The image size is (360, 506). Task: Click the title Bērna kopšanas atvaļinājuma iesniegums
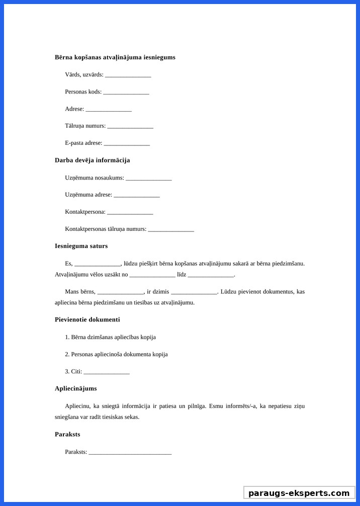tap(115, 57)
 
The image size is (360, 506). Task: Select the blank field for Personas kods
tap(126, 93)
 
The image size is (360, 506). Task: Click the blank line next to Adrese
tap(108, 110)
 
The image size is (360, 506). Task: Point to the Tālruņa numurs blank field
tap(130, 127)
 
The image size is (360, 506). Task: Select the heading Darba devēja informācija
tap(92, 160)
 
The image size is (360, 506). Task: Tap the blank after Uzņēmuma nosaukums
tap(148, 179)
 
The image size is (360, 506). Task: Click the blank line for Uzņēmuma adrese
tap(136, 196)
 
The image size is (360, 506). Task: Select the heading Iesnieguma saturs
tap(81, 246)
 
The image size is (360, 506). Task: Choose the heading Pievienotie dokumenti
tap(87, 319)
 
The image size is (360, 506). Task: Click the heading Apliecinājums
tap(75, 388)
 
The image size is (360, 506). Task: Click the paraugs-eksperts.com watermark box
tap(299, 493)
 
